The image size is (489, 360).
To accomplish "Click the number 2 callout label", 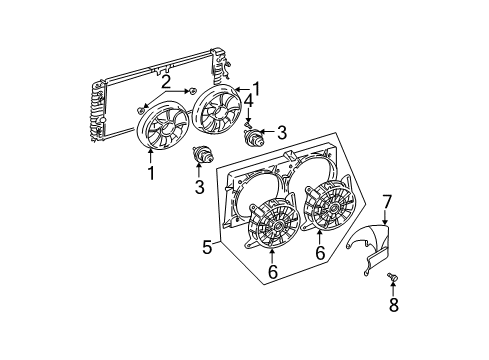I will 167,81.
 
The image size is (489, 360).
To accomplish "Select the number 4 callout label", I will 249,100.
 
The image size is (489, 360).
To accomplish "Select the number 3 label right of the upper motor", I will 283,132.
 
